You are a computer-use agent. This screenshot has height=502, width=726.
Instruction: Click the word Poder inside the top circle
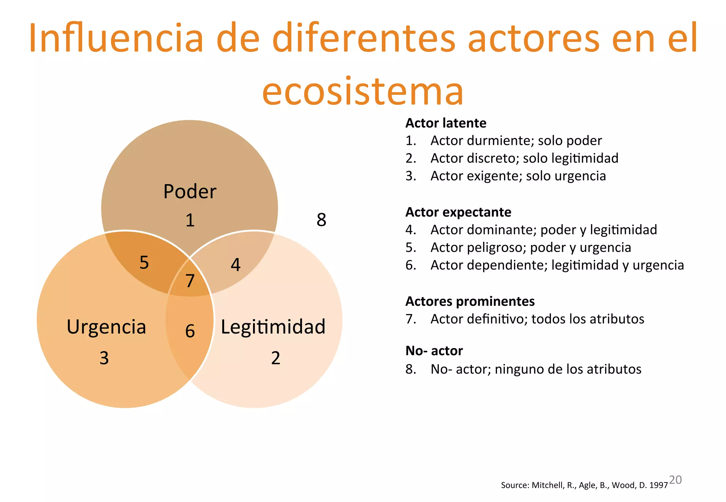click(x=190, y=192)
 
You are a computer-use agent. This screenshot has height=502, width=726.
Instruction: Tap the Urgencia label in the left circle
click(x=106, y=327)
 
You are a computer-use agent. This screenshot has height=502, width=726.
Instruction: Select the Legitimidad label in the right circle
click(x=273, y=327)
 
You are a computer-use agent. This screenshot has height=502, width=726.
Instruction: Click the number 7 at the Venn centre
click(x=190, y=281)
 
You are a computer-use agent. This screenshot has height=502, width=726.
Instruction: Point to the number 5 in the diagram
click(x=144, y=263)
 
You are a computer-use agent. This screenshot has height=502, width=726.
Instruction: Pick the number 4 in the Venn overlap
click(x=236, y=265)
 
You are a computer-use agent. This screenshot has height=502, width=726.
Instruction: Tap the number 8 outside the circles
click(x=321, y=220)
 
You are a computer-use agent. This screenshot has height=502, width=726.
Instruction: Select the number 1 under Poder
click(x=190, y=221)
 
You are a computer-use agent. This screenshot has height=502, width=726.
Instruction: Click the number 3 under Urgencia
click(x=104, y=358)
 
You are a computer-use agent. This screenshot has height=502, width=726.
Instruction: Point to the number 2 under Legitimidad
click(x=275, y=358)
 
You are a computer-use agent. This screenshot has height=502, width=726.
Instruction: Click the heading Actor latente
click(x=446, y=123)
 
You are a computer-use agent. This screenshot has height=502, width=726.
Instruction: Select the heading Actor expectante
click(x=458, y=212)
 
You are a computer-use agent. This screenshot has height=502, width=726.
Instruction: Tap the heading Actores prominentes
click(x=470, y=302)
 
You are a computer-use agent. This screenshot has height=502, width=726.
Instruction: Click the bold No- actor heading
click(x=434, y=351)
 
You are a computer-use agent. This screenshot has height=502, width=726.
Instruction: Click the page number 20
click(x=675, y=480)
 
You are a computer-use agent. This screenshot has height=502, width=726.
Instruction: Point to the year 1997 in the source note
click(x=659, y=485)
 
